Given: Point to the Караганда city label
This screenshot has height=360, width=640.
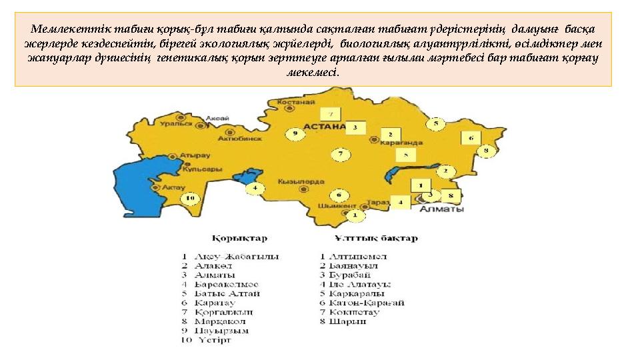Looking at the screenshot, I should tap(403, 142).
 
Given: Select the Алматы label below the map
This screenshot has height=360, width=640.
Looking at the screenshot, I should tap(442, 209).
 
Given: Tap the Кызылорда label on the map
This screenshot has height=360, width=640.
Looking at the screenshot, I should tap(302, 181).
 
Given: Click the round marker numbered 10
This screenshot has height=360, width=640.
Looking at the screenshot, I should tap(190, 197).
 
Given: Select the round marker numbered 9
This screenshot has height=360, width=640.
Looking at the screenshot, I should tap(295, 133).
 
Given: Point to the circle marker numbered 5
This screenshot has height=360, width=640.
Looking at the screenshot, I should tap(436, 123).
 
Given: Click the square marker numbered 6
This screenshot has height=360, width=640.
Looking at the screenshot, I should tap(470, 138).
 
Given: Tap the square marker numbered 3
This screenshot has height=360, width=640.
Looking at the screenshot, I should tap(355, 126).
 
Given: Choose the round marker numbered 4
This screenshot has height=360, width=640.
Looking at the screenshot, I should tap(255, 189).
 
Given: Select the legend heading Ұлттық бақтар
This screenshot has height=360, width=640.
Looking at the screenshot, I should tap(376, 238).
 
